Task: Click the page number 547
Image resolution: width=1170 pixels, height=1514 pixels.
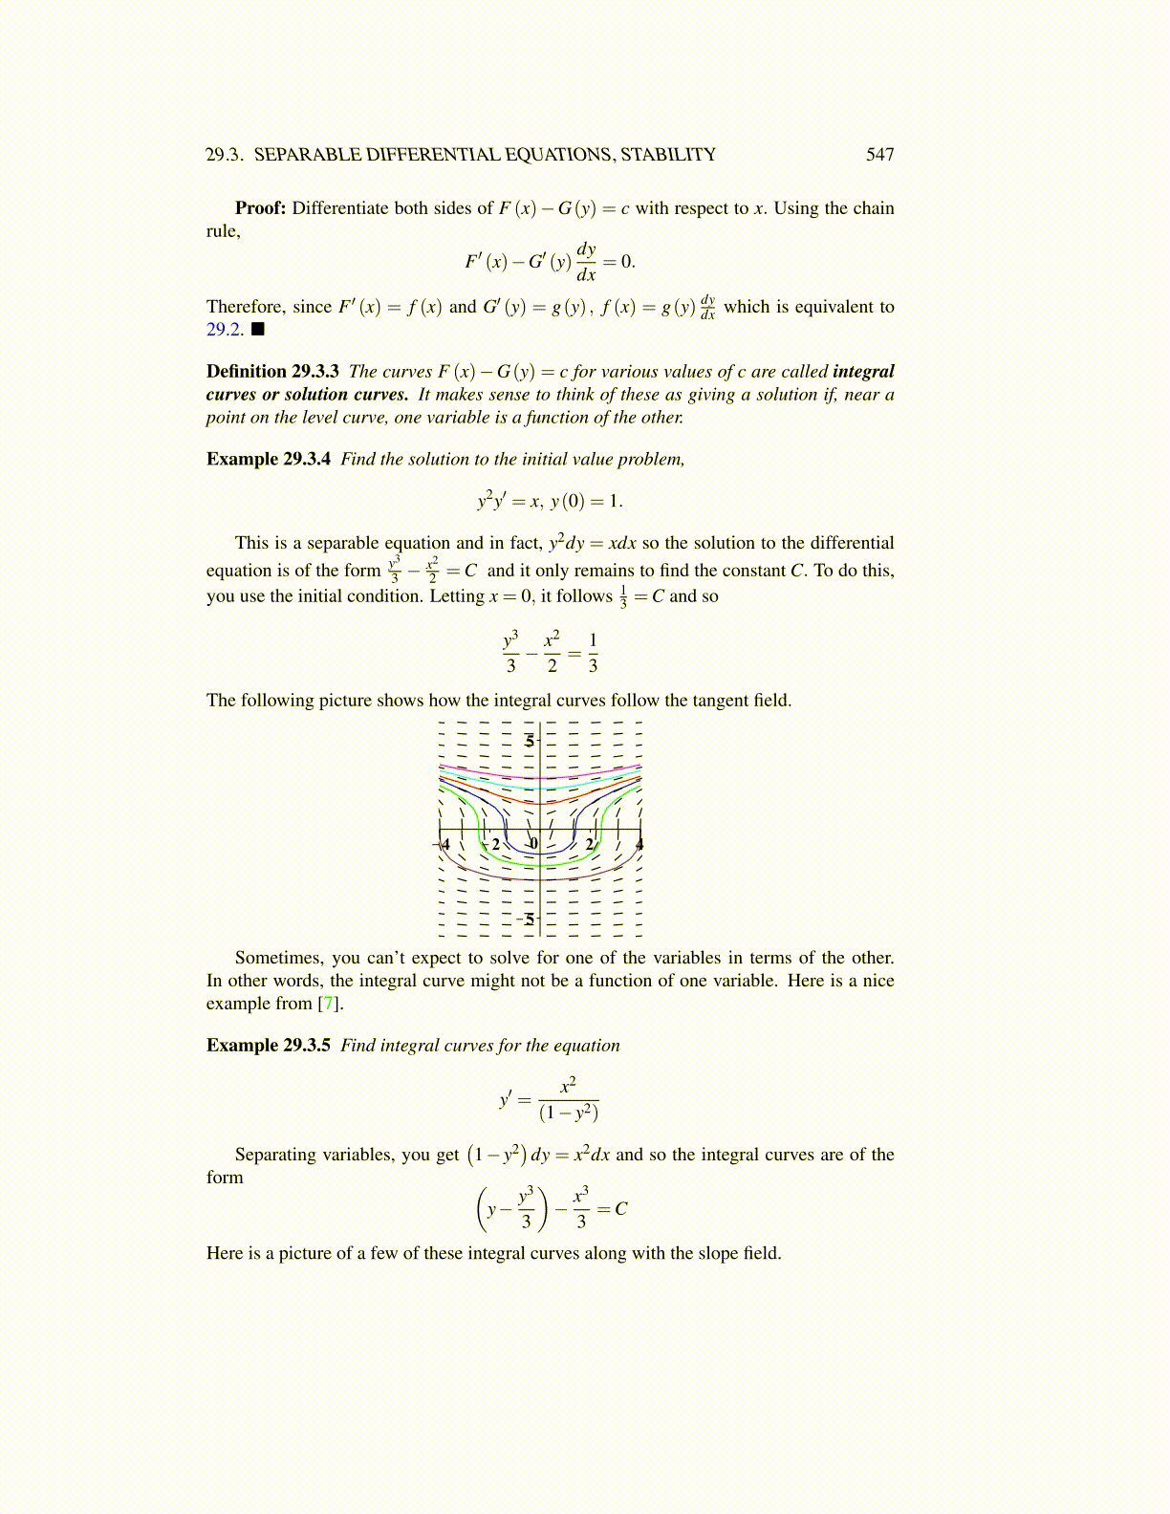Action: tap(879, 155)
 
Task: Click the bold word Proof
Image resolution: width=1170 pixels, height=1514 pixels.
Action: tap(260, 208)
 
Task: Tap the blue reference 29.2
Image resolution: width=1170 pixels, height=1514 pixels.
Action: tap(224, 330)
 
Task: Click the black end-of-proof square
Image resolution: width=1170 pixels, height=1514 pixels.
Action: tap(257, 330)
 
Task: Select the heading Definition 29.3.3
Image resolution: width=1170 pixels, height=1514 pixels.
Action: tap(272, 372)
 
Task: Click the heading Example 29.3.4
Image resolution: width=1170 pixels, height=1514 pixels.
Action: tap(269, 459)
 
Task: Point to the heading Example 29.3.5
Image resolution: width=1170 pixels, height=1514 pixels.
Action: tap(269, 1045)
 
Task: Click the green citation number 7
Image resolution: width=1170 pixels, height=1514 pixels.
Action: tap(328, 1004)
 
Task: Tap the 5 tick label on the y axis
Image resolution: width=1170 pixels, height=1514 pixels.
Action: tap(530, 741)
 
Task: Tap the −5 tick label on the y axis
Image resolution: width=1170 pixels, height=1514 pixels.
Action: tap(526, 919)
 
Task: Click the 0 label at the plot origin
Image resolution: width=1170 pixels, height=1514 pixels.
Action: tap(533, 844)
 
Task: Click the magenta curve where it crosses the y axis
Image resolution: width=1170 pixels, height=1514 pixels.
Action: tap(540, 778)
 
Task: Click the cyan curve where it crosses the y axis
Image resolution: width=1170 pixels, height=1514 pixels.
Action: tap(540, 786)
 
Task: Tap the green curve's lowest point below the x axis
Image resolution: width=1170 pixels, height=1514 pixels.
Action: tap(540, 864)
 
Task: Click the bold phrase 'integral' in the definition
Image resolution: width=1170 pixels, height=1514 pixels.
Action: tap(863, 372)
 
